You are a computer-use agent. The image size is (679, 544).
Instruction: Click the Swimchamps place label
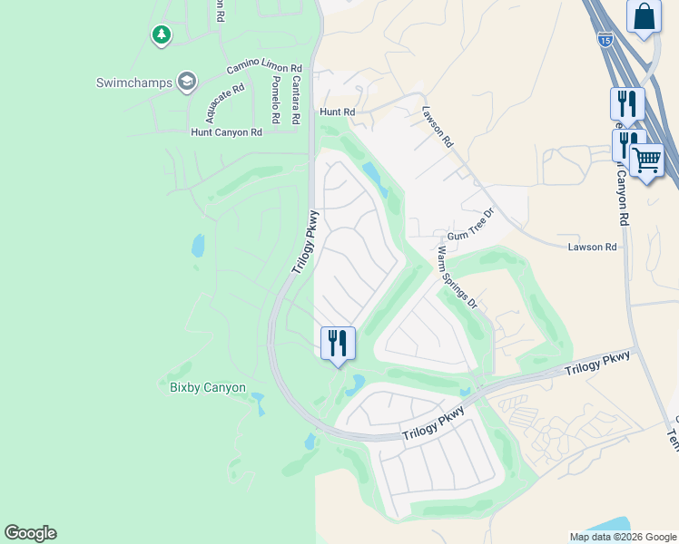[x=135, y=83]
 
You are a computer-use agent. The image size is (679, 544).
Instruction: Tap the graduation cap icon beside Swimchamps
[x=187, y=83]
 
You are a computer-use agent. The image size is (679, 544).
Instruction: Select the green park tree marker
[x=161, y=34]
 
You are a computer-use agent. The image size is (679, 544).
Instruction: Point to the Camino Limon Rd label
[x=264, y=68]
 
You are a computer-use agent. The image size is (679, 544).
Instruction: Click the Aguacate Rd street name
[x=225, y=103]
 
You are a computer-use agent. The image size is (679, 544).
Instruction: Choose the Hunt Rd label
[x=336, y=112]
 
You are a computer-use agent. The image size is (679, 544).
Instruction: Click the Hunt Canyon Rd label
[x=226, y=131]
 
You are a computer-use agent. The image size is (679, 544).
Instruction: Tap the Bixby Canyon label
[x=208, y=387]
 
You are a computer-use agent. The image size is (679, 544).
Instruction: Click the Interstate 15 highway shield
[x=605, y=39]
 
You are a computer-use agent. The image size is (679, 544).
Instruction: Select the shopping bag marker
[x=643, y=16]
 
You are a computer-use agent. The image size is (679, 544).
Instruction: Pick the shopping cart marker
[x=646, y=160]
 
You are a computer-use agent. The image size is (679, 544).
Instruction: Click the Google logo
[x=30, y=533]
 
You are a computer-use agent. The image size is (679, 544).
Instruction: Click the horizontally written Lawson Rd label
[x=592, y=247]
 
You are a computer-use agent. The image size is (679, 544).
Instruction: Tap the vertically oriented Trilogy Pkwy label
[x=306, y=243]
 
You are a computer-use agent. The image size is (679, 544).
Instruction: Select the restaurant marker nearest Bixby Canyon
[x=338, y=343]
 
